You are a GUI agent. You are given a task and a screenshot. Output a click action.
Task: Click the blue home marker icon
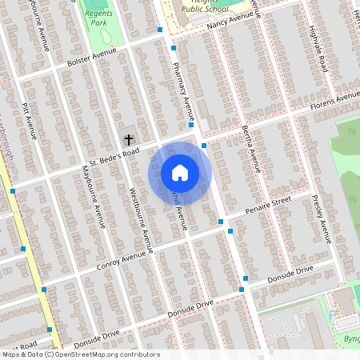point(180,173)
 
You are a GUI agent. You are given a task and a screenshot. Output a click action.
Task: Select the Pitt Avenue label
point(31,120)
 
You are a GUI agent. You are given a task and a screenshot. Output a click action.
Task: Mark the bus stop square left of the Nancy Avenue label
point(161,30)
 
